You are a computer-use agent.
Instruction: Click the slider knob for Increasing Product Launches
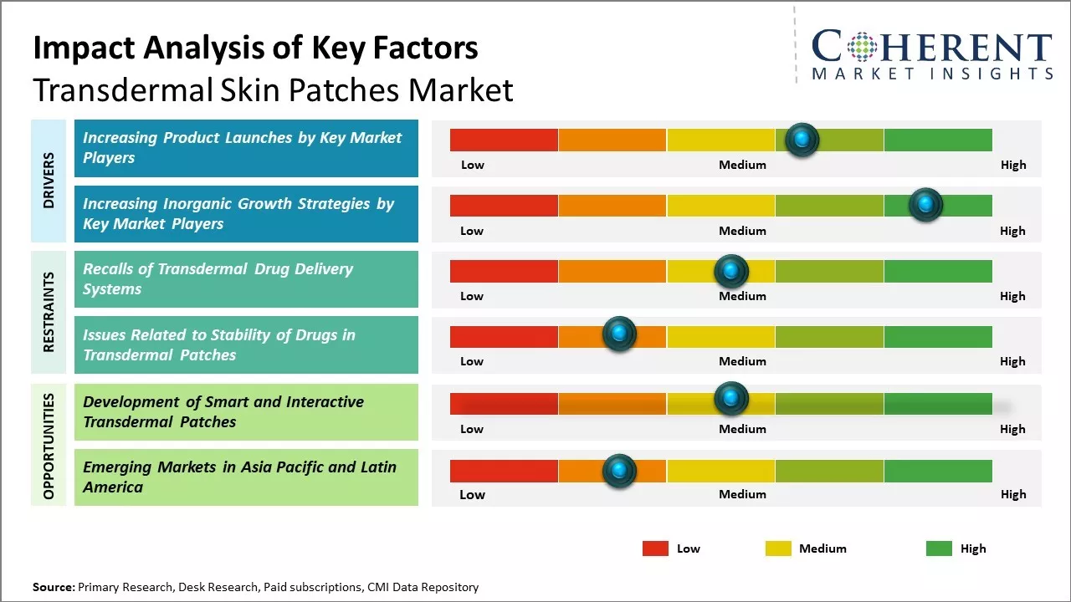coord(802,140)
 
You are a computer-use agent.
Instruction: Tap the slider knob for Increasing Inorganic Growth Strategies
coord(925,205)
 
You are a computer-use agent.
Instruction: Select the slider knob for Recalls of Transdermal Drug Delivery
coord(730,271)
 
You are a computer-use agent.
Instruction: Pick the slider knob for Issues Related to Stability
coord(619,334)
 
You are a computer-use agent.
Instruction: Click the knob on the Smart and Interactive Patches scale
coord(730,399)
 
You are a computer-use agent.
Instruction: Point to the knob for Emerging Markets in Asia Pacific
coord(619,471)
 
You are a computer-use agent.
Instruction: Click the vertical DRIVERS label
coord(49,181)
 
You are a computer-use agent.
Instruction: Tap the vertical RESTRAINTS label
coord(49,312)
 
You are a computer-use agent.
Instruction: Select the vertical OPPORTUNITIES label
coord(49,446)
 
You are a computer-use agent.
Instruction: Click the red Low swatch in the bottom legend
coord(655,548)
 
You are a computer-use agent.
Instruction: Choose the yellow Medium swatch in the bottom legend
coord(778,548)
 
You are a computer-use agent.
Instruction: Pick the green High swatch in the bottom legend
coord(939,548)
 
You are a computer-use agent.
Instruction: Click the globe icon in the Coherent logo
coord(862,47)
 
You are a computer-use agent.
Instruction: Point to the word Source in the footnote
coord(53,587)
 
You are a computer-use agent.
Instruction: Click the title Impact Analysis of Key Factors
coord(255,48)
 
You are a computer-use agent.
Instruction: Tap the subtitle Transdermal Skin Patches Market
coord(273,89)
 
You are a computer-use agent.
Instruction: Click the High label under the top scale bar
coord(1013,165)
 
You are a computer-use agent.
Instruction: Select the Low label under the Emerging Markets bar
coord(472,494)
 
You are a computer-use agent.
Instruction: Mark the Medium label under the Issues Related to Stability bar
coord(742,361)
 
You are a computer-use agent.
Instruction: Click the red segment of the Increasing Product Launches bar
coord(504,140)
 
